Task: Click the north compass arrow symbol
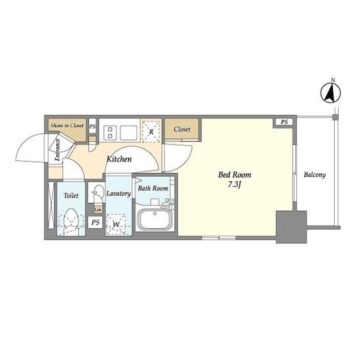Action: tap(331, 93)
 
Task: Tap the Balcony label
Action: tap(315, 175)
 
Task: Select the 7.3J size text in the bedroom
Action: tap(235, 184)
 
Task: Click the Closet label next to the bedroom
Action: tap(182, 129)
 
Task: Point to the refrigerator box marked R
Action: tap(151, 131)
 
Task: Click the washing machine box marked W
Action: tap(116, 224)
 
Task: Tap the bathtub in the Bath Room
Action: tap(155, 220)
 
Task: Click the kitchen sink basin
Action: tap(129, 133)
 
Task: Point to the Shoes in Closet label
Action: tap(67, 125)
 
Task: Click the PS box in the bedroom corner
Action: tap(284, 122)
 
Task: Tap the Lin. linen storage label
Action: tap(98, 210)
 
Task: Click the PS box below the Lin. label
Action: tap(95, 222)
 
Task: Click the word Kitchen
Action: tap(119, 159)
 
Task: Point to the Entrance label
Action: tap(57, 150)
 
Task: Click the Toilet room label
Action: tap(71, 196)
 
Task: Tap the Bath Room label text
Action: tap(153, 188)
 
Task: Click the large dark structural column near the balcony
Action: tap(291, 227)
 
